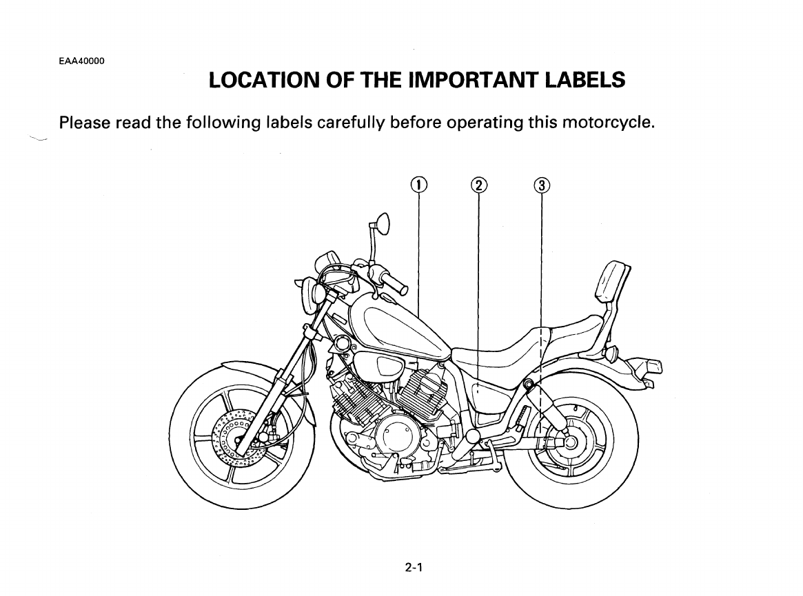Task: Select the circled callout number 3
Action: [x=542, y=185]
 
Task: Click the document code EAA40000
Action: [x=82, y=61]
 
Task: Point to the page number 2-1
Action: [x=414, y=568]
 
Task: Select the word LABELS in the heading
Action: [x=585, y=81]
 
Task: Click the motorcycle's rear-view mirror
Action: [x=382, y=223]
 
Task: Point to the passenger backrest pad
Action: [x=613, y=283]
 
